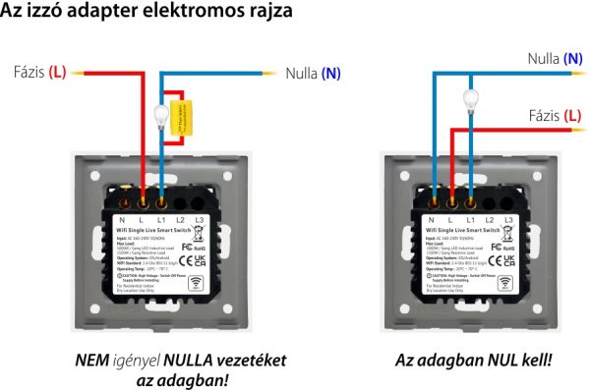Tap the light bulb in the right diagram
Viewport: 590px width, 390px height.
pyautogui.click(x=469, y=97)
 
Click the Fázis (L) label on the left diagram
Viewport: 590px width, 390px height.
pyautogui.click(x=40, y=72)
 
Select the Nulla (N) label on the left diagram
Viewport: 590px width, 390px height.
pyautogui.click(x=314, y=73)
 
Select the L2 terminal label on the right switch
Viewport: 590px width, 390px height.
pyautogui.click(x=490, y=218)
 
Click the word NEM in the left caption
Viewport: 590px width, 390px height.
pyautogui.click(x=92, y=360)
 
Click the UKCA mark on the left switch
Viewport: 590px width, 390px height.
pyautogui.click(x=201, y=260)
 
